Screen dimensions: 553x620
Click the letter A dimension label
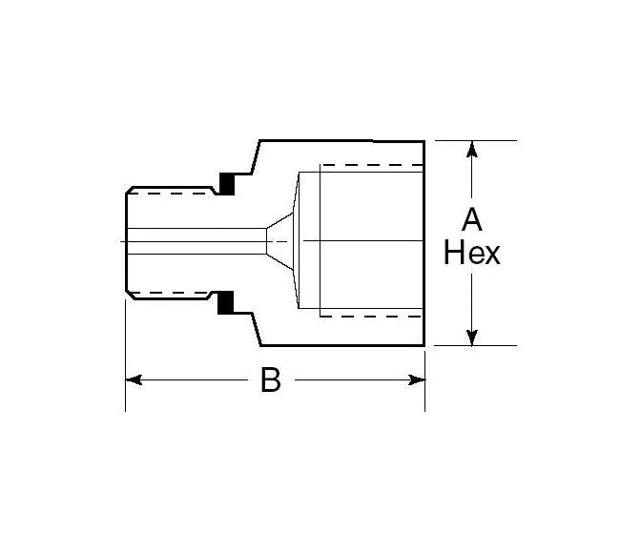(471, 219)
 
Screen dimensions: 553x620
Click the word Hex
(471, 254)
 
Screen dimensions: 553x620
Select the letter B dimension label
(271, 381)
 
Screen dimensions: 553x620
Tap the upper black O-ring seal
(228, 181)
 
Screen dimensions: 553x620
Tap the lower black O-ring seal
(228, 303)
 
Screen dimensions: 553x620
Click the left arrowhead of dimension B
(134, 379)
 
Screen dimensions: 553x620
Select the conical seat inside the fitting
(282, 241)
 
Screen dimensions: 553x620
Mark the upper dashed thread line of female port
(372, 166)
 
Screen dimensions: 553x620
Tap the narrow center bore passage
(196, 241)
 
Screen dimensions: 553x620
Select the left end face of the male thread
(126, 241)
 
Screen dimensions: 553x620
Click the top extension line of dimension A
(477, 140)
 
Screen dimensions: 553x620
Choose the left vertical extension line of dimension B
(126, 362)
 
